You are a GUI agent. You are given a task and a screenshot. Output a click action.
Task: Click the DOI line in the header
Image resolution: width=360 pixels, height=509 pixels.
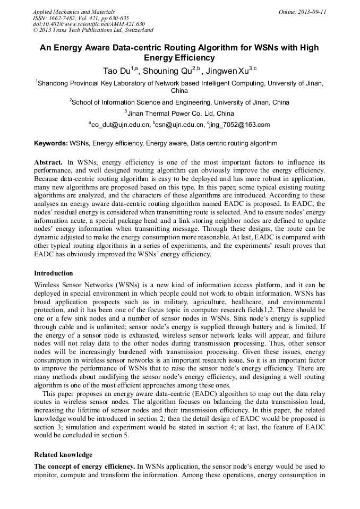89,24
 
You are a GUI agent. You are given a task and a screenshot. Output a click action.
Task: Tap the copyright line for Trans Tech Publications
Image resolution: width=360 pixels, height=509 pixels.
93,30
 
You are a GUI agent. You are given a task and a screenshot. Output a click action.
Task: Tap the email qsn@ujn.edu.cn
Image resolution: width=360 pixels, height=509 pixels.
179,125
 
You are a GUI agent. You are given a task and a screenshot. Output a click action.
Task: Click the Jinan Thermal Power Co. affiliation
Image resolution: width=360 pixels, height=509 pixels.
179,113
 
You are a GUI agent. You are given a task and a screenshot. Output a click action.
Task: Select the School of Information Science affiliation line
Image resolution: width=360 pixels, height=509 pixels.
179,102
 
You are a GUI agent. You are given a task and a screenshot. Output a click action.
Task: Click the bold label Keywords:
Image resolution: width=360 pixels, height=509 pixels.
51,143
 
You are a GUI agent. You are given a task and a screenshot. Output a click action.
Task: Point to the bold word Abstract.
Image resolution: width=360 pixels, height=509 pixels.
48,161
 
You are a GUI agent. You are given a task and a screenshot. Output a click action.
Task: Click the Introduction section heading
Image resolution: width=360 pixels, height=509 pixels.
54,273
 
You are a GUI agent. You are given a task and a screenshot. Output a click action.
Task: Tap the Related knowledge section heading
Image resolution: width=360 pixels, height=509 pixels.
63,455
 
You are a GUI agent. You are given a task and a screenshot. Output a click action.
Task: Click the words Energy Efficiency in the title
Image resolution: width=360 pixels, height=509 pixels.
179,58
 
